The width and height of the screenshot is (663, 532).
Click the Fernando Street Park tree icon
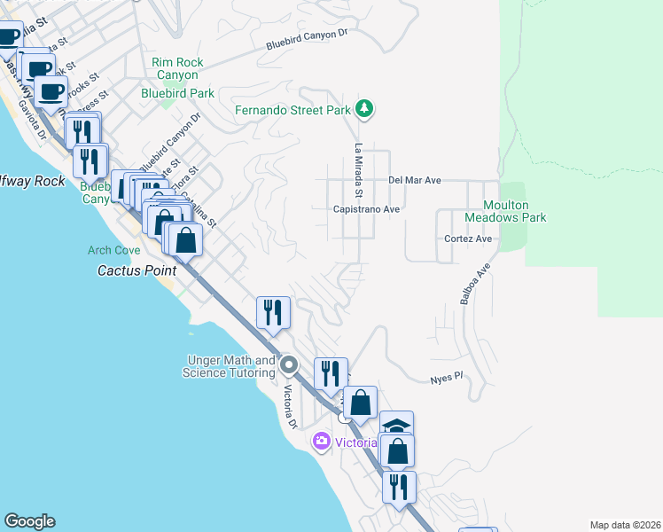(363, 110)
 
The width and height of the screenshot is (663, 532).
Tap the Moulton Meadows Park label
(506, 211)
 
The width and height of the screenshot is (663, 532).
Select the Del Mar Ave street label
(415, 180)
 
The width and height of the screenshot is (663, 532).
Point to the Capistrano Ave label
(367, 209)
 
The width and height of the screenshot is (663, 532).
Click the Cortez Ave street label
(468, 239)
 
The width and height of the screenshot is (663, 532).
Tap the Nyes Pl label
(448, 378)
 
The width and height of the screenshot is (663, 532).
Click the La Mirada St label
(359, 170)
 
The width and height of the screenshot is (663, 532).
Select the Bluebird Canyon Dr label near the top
(309, 40)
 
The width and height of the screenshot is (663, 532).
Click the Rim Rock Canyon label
(177, 68)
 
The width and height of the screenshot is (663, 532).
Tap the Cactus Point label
(132, 270)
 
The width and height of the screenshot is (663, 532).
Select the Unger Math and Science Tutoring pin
(289, 364)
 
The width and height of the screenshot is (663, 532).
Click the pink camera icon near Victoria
(321, 441)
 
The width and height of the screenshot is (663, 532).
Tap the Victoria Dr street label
(289, 406)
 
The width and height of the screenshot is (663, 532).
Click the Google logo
(29, 521)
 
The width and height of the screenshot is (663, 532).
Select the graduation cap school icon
(397, 425)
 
